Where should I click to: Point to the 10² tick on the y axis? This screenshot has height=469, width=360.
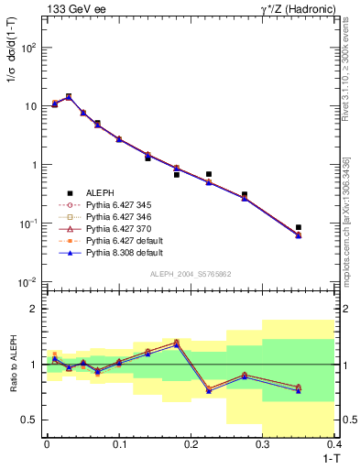(27, 48)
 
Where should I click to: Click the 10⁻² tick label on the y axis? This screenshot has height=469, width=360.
(27, 282)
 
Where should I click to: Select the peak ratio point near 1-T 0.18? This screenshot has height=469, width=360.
(176, 343)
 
